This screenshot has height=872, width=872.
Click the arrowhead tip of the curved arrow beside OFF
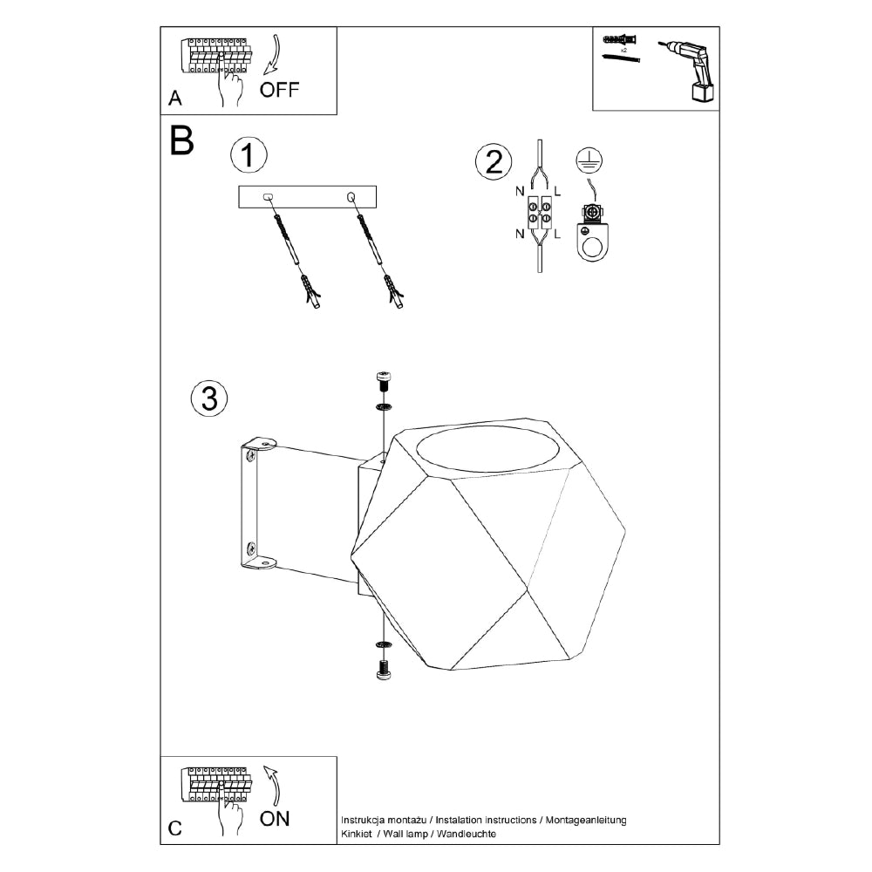264,73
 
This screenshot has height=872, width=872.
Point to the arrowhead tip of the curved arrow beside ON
265,767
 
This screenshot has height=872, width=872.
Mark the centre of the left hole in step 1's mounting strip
268,197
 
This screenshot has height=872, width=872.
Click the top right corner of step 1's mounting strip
376,187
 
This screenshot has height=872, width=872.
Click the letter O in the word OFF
269,90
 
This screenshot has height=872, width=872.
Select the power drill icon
687,70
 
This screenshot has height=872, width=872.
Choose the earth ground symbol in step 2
589,160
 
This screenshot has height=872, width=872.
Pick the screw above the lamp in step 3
383,381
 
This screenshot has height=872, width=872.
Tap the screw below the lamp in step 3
383,670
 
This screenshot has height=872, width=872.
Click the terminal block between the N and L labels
539,214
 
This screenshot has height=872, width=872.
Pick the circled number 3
209,399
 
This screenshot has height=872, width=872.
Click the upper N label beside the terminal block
520,191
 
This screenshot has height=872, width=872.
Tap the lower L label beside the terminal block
557,234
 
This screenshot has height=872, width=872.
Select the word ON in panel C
275,818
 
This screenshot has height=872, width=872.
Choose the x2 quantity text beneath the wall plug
624,50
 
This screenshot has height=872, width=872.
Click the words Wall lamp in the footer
405,834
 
